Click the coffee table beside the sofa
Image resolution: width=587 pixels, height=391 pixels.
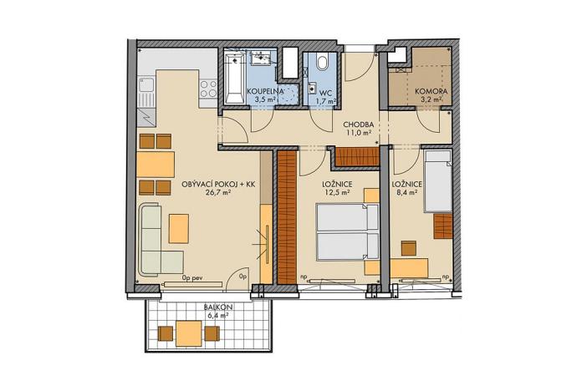180,226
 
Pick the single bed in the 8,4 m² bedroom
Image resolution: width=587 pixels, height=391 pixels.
438,181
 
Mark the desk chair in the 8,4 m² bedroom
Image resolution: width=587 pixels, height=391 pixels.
408,248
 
